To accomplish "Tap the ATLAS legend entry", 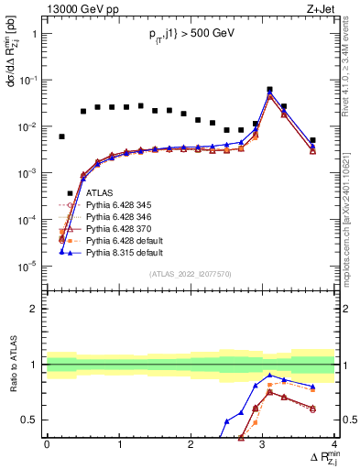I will point(100,193).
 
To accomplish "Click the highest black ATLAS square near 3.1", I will point(269,90).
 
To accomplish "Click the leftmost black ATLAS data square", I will point(61,136).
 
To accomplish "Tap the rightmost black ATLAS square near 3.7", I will point(312,140).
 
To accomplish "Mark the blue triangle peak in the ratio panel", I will point(269,376).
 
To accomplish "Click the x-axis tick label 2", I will point(191,444).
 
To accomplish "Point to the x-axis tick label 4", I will point(334,444).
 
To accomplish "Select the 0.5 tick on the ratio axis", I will point(34,420).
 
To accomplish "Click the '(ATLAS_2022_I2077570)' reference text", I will point(191,273).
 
